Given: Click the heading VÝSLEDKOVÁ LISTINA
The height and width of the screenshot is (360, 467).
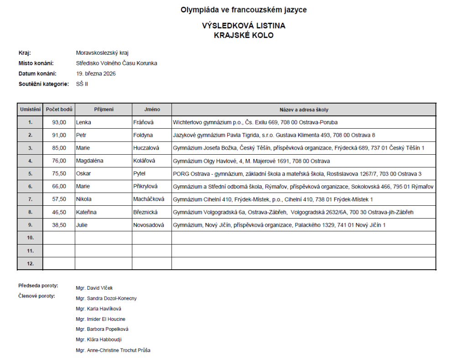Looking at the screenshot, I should click(244, 26).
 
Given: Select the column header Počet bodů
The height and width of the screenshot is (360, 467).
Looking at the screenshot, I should click(59, 110).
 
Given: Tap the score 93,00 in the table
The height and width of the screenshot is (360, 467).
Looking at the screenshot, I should click(59, 122).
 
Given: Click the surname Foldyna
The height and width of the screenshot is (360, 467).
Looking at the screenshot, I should click(143, 135).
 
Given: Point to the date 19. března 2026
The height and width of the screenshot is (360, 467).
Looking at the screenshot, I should click(96, 73).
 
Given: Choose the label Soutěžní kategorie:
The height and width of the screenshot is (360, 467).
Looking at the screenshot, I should click(44, 84).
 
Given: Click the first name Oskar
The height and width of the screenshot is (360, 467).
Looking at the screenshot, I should click(83, 173).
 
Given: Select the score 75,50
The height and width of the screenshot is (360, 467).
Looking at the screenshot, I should click(59, 173).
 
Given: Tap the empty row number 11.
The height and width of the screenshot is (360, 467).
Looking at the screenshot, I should click(31, 250).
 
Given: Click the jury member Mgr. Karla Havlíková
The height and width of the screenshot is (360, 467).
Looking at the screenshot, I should click(99, 309).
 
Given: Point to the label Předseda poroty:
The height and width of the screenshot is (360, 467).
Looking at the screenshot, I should click(38, 286).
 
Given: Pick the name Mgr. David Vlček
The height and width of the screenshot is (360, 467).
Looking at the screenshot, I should click(94, 288).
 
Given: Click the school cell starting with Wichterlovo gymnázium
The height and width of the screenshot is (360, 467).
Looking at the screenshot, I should click(255, 122).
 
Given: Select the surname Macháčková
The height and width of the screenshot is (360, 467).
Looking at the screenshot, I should click(149, 199).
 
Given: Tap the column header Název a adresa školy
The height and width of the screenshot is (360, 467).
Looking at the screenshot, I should click(304, 110).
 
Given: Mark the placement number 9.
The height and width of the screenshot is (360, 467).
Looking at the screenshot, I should click(31, 224).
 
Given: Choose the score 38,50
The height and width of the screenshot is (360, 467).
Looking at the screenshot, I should click(59, 224).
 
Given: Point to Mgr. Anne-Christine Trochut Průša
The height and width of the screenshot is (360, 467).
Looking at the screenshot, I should click(113, 350).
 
